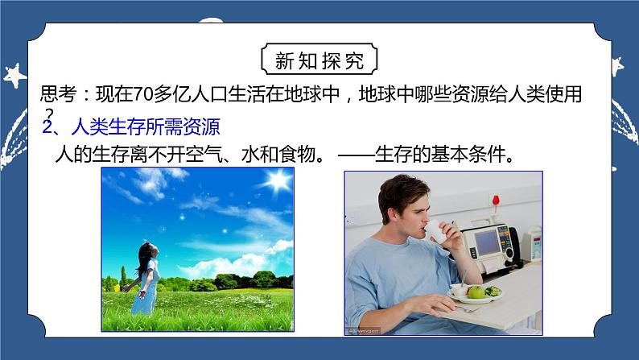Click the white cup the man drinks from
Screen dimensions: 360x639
pos(434,234)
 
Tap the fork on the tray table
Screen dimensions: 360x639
pos(467,307)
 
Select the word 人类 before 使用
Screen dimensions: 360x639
pos(519,95)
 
